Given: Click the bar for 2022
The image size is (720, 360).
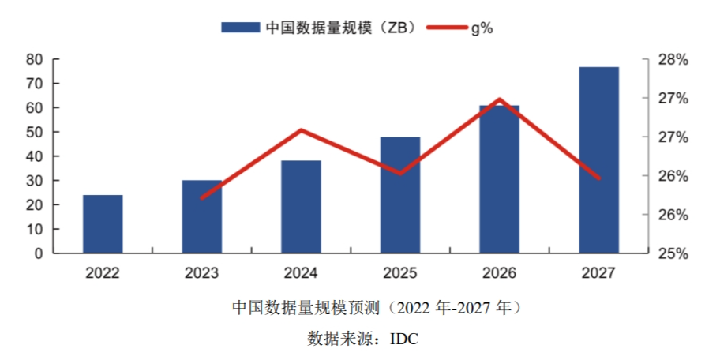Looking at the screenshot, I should coord(103,224).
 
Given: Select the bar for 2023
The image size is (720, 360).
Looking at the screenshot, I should coord(201,217).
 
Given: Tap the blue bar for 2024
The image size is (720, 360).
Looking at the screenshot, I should coord(301,207).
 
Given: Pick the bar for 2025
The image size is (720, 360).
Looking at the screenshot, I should coord(400,195).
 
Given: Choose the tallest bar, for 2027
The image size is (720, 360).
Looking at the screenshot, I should coord(598,160).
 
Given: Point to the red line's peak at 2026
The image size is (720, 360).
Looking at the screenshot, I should coord(500,99).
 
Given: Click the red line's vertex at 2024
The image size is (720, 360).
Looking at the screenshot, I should coord(301,130).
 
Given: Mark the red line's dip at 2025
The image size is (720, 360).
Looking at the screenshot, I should coord(400,173).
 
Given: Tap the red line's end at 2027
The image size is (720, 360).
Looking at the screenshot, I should coord(598,178).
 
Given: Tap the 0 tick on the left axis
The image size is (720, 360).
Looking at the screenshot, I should coord(37,253).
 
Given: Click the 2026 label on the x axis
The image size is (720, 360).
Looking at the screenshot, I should coord(499,273).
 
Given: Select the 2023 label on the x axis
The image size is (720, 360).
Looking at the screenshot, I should coord(201,273).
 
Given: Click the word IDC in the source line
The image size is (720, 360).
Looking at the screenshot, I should coord(403,339).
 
